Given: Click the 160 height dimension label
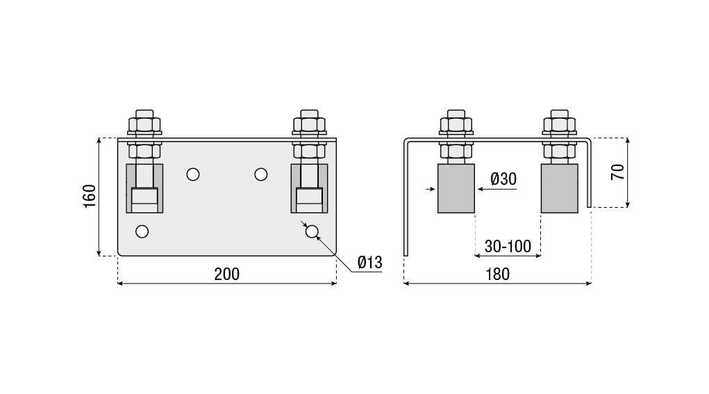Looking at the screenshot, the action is coord(90,197).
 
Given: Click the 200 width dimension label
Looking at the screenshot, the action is coord(226,274).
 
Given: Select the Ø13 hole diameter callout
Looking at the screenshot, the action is coord(369,263).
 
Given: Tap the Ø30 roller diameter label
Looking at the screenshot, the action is coord(503,179).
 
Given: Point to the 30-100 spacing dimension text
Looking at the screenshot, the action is coord(508,247).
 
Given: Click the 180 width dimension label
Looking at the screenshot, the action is coord(497,274).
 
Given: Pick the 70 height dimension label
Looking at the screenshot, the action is coord(617,172).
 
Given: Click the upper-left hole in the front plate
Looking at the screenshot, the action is coord(193,174).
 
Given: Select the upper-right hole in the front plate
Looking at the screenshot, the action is coord(261,174).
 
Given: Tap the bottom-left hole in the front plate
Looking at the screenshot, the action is coord(142,231).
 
